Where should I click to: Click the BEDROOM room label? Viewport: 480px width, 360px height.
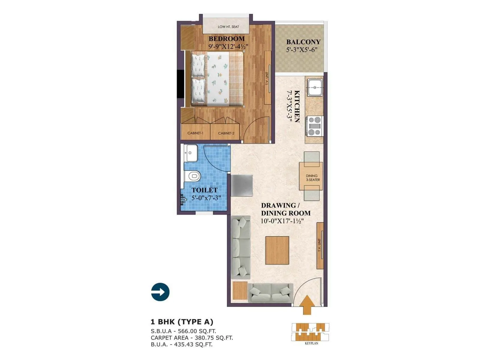click(x=226, y=39)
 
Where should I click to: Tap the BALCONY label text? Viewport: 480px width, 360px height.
click(x=303, y=42)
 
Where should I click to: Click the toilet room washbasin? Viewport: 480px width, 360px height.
click(x=190, y=153)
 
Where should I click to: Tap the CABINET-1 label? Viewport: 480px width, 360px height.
click(x=195, y=133)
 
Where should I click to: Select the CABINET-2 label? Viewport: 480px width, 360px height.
click(x=226, y=133)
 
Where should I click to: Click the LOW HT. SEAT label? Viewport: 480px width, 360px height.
click(x=228, y=27)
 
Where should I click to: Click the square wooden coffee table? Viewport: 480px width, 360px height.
click(x=277, y=250)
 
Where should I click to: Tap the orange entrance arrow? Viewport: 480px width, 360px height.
click(x=307, y=305)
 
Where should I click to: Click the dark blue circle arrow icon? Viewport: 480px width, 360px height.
click(x=160, y=292)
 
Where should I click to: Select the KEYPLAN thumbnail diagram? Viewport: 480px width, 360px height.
click(x=310, y=332)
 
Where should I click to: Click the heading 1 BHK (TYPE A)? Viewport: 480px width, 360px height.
click(x=182, y=322)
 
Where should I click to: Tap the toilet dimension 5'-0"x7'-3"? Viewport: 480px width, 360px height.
click(x=206, y=198)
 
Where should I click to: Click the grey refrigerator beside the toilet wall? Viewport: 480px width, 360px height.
click(x=242, y=186)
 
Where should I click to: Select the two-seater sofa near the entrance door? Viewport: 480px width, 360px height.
click(x=271, y=292)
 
